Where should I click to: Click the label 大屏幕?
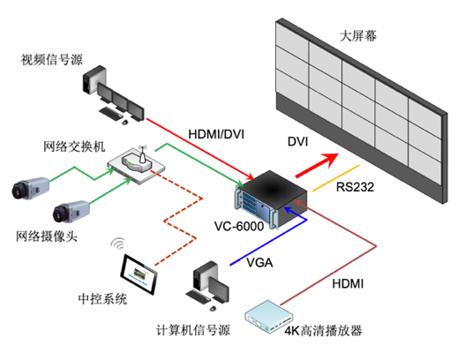358,36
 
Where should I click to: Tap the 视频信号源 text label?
51,60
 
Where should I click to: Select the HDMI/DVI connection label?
216,134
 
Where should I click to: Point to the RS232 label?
355,187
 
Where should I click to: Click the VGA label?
259,263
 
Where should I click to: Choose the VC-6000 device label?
239,226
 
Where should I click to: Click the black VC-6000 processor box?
271,199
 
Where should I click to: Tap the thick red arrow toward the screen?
317,165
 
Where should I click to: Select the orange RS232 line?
336,178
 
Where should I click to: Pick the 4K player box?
269,317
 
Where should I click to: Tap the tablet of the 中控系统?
139,274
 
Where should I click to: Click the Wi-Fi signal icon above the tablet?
117,244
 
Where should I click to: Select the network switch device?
136,165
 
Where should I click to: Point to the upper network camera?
31,189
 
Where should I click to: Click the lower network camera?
71,212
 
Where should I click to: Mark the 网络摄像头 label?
47,237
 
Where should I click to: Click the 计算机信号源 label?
193,330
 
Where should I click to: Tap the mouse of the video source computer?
125,122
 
